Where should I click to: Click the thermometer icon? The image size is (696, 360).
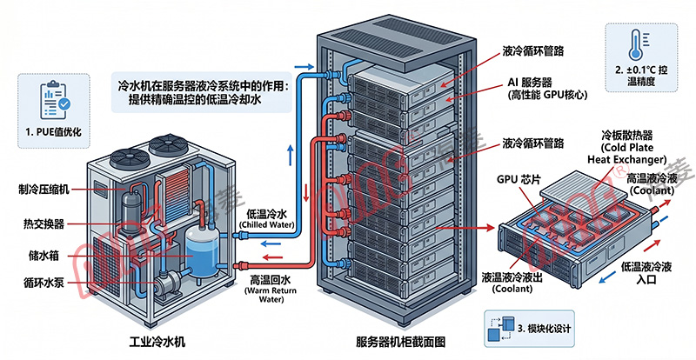(x=636, y=45)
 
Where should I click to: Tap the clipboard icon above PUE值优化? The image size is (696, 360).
(x=55, y=99)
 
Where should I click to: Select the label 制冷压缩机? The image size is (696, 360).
(x=43, y=190)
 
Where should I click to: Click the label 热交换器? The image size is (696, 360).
(x=43, y=224)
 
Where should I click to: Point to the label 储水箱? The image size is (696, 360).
(x=43, y=256)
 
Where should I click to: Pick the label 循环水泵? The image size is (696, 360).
(x=43, y=283)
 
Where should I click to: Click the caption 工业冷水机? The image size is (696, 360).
(x=157, y=342)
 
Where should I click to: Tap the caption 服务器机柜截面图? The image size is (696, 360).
(x=400, y=342)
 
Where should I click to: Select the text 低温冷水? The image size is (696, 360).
(x=267, y=214)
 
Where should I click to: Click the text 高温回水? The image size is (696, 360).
(x=270, y=280)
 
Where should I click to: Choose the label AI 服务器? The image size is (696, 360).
(x=530, y=82)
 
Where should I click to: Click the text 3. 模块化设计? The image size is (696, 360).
(x=545, y=329)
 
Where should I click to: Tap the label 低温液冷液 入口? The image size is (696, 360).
(x=646, y=273)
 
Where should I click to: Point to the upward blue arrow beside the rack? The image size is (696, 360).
(x=291, y=155)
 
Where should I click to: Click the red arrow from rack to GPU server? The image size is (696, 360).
(x=465, y=228)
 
